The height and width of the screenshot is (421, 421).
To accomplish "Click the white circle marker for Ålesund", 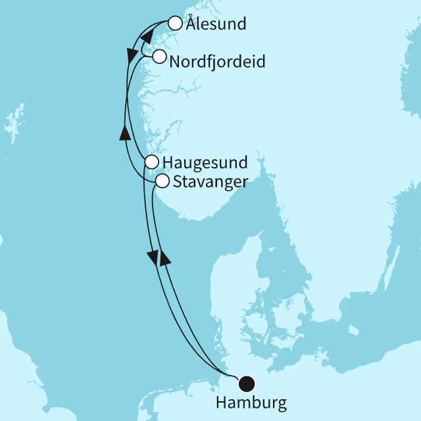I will pos(175,24).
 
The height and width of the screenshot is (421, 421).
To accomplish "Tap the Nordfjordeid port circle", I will pos(159,57).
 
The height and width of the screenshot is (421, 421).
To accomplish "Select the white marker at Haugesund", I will pos(151,161).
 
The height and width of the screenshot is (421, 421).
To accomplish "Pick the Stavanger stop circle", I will pos(161,181).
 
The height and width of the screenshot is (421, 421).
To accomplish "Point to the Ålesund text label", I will pos(216,25).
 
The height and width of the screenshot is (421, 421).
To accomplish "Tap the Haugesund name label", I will pos(205,162).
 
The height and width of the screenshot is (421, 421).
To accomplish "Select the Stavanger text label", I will pos(210,182).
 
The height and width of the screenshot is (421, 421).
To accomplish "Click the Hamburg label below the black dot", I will pos(251,402).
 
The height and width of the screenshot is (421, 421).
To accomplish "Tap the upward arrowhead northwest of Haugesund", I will pos(124,134).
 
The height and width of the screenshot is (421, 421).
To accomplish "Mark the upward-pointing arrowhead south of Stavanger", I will pos(165,258).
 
